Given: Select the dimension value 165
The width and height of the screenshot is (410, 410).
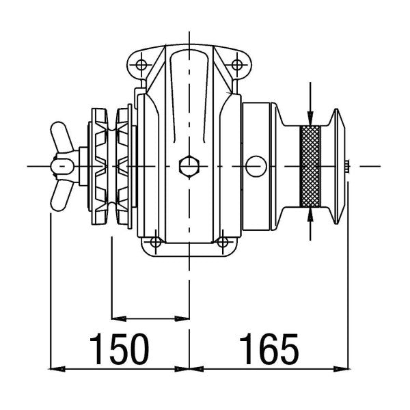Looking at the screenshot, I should [x=269, y=349].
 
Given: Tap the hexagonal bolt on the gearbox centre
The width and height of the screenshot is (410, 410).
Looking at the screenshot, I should [x=187, y=165].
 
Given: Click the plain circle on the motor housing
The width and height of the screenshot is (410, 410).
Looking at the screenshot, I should [x=256, y=165].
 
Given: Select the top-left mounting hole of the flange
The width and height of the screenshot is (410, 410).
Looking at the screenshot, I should [x=141, y=66].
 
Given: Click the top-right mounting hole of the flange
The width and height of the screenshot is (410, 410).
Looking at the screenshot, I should [x=236, y=66].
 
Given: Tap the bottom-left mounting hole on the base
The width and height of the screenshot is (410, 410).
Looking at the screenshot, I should [x=155, y=242].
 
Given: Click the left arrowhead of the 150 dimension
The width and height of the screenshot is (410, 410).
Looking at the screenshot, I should [x=59, y=369].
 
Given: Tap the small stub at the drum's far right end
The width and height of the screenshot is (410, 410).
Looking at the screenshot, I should [x=349, y=165].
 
